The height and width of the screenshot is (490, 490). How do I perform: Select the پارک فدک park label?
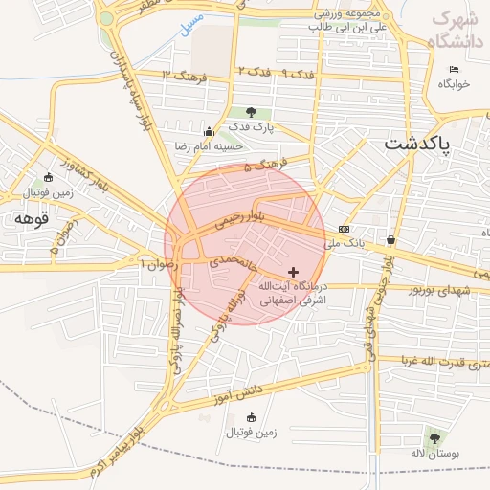251,127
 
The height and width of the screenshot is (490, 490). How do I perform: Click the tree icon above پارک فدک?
251,112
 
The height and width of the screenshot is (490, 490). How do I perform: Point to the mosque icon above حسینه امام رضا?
209,131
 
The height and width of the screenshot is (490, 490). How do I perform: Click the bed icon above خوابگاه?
454,69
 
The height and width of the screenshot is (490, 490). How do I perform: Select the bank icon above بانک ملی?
345,229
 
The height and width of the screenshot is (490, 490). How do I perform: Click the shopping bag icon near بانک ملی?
391,237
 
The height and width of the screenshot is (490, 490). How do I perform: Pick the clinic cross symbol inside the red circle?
293,273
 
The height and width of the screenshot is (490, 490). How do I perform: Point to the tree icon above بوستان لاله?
435,438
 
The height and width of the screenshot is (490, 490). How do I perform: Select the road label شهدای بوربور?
441,288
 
